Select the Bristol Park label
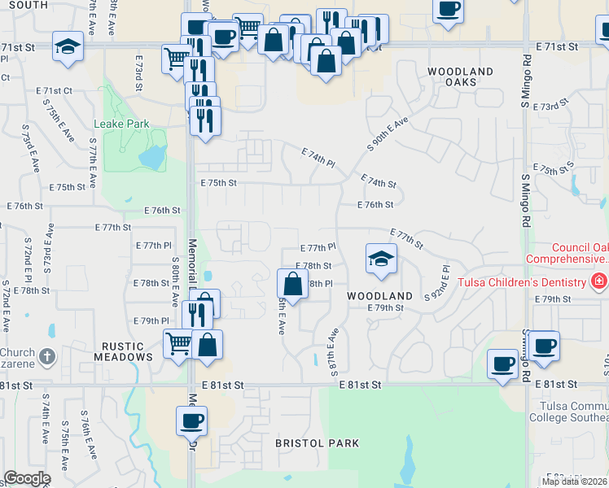[x=317, y=443]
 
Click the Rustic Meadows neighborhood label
[x=123, y=351]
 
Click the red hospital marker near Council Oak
[x=599, y=281]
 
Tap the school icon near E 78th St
[x=380, y=259]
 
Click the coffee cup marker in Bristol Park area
[x=192, y=420]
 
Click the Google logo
[x=27, y=478]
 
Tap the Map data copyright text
[x=575, y=481]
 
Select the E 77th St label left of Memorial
[x=113, y=227]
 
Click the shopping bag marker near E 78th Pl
[x=292, y=284]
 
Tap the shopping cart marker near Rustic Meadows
[x=177, y=342]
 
